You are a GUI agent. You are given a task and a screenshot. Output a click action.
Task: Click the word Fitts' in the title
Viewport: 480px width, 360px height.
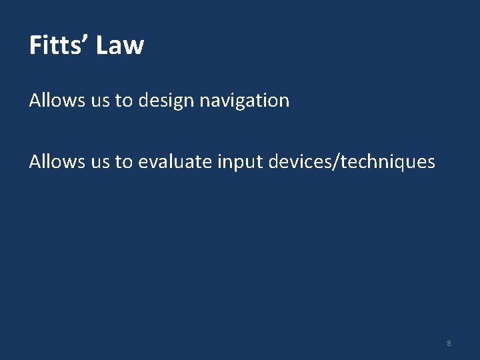tap(57, 45)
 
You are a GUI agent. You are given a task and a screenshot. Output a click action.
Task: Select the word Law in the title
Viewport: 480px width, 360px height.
tap(120, 45)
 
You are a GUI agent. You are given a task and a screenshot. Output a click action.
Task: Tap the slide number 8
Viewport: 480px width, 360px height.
tap(449, 343)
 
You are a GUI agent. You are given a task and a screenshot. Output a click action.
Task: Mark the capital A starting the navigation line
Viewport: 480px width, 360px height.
tap(35, 101)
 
